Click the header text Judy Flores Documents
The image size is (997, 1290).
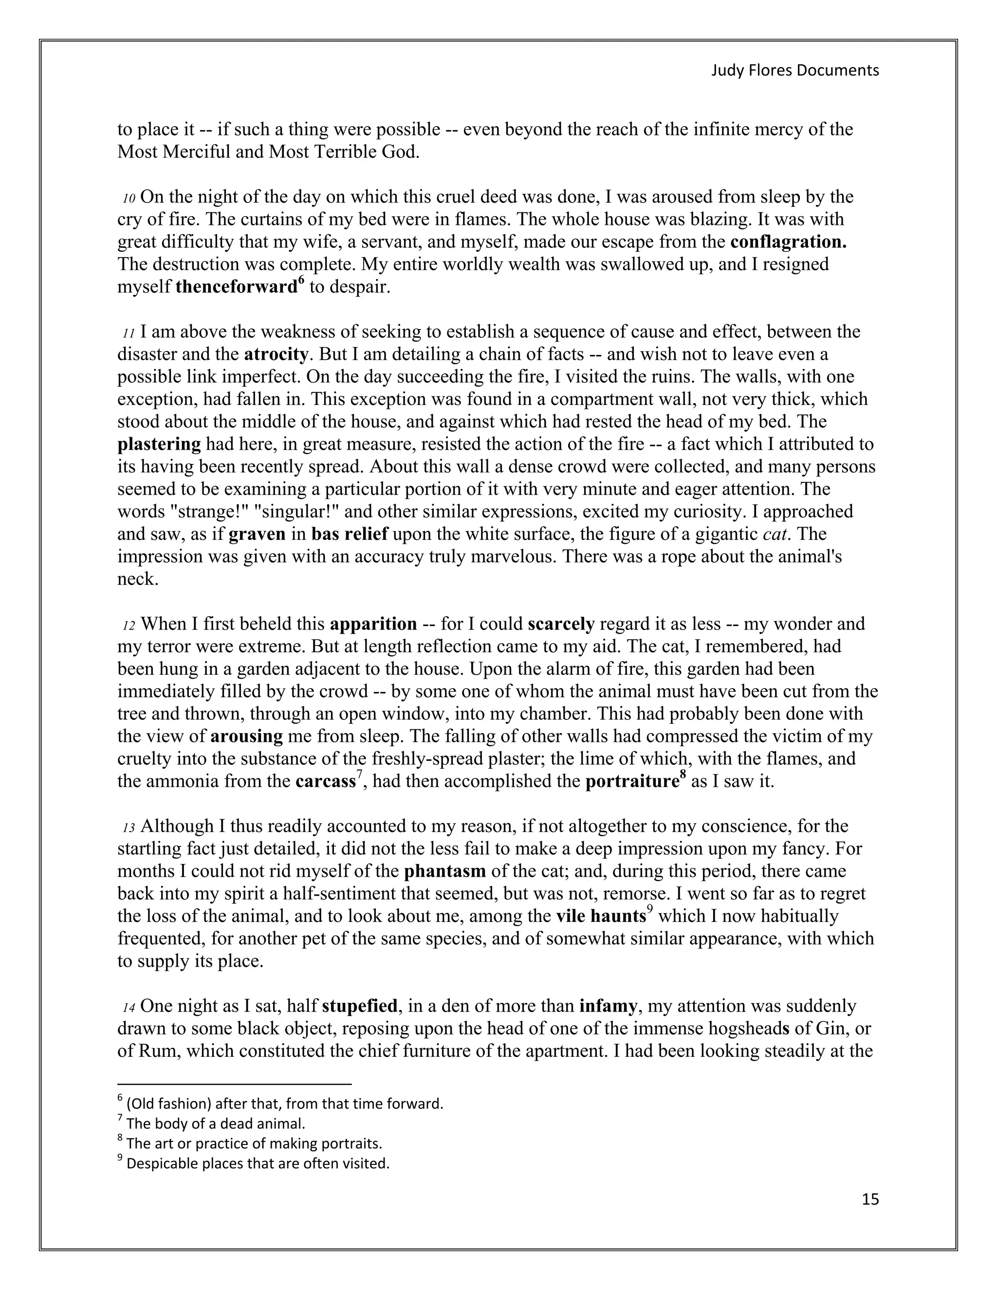pyautogui.click(x=794, y=70)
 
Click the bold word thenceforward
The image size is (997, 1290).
pyautogui.click(x=236, y=287)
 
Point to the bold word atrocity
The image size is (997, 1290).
pyautogui.click(x=276, y=354)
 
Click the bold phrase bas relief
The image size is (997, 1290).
pyautogui.click(x=350, y=534)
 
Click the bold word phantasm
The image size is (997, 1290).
pyautogui.click(x=445, y=871)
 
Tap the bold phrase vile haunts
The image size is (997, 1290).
pyautogui.click(x=601, y=916)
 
